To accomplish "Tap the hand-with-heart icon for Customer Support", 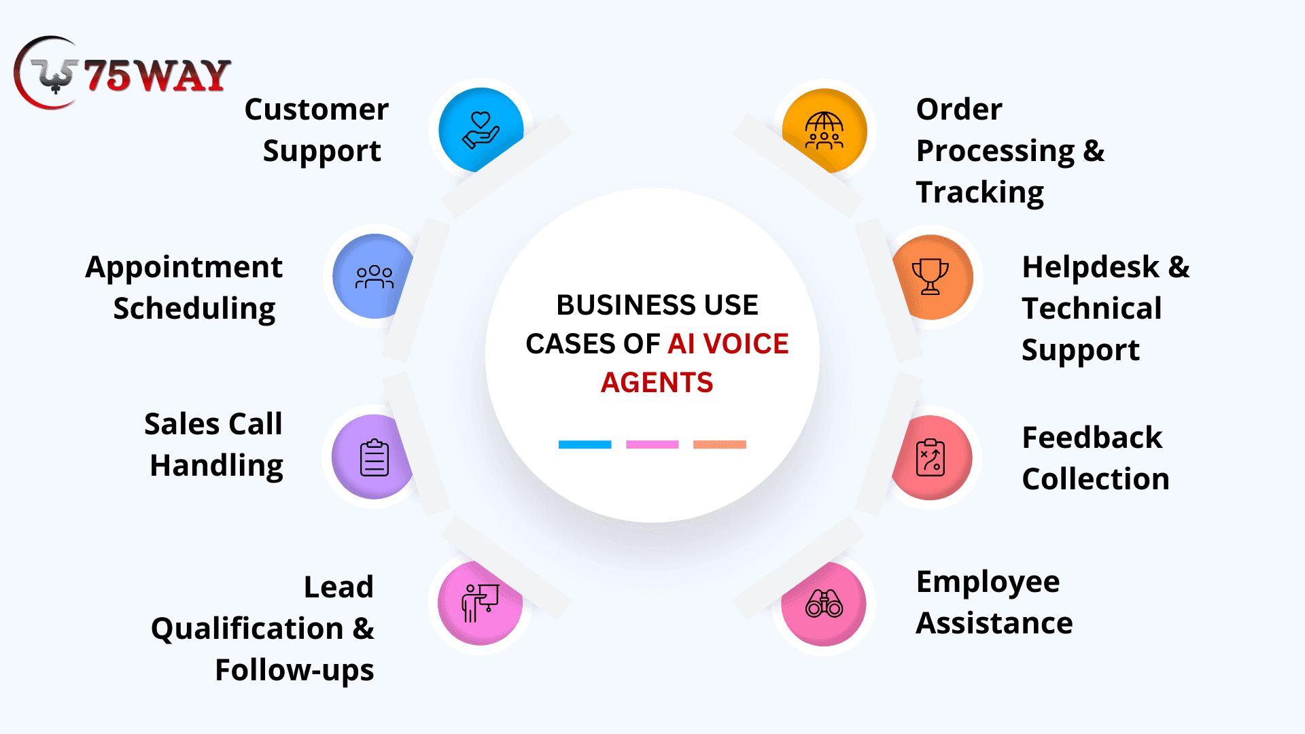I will click(x=481, y=130).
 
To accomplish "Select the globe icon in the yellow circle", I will click(x=824, y=130).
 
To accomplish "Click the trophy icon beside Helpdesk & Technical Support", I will click(x=930, y=276).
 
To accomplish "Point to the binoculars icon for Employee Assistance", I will click(x=824, y=604).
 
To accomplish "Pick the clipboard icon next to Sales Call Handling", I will click(x=374, y=457).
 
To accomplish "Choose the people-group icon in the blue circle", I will click(x=374, y=277).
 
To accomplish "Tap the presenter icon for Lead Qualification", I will click(x=480, y=603).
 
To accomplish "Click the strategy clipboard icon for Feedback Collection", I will click(x=930, y=457).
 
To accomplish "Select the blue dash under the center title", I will click(x=585, y=444).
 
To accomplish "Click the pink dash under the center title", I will click(x=652, y=444).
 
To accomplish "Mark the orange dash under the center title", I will click(x=719, y=444).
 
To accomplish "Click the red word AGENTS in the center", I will click(x=657, y=383).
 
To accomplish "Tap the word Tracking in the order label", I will click(x=979, y=193).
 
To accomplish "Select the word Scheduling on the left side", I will click(x=194, y=309).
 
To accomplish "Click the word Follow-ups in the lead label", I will click(x=294, y=671).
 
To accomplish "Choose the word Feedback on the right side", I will click(x=1092, y=438).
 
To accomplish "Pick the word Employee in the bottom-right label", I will click(x=988, y=582).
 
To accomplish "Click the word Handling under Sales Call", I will click(x=216, y=466).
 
